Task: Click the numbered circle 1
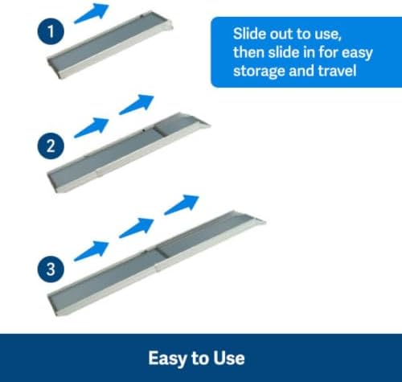[x=51, y=31]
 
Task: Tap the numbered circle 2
[x=51, y=146]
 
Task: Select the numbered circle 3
[x=51, y=269]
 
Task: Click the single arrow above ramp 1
[x=92, y=14]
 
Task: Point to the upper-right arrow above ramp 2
[x=137, y=105]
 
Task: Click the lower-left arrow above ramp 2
[x=92, y=128]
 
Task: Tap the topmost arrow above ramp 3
[x=182, y=205]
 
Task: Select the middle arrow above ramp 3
[x=137, y=228]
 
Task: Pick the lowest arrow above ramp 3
[x=92, y=251]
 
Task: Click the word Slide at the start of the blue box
[x=249, y=34]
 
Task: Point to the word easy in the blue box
[x=357, y=53]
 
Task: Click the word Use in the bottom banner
[x=229, y=358]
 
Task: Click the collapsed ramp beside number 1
[x=110, y=44]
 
